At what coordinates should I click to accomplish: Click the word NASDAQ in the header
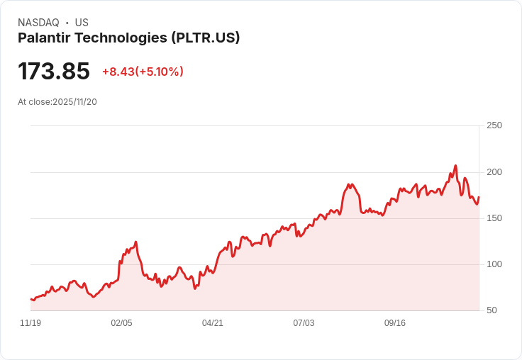38,23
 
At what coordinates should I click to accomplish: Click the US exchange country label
82,23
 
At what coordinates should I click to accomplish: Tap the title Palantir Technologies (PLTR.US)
128,38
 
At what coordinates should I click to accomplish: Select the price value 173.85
54,72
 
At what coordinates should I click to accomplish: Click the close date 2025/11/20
74,102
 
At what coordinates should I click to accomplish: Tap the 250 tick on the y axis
494,125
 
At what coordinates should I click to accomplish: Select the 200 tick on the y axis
494,172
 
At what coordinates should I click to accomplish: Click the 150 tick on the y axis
494,218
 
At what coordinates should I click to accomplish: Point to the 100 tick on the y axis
494,264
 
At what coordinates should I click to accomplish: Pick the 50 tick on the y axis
492,310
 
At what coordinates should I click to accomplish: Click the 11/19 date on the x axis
30,323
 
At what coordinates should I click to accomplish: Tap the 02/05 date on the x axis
121,323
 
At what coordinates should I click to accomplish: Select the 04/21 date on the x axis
213,323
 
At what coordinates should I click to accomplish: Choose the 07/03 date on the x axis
304,323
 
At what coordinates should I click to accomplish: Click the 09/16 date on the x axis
395,323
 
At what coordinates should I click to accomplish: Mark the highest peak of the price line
455,166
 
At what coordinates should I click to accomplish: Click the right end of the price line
479,197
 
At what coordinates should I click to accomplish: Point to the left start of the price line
30,299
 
